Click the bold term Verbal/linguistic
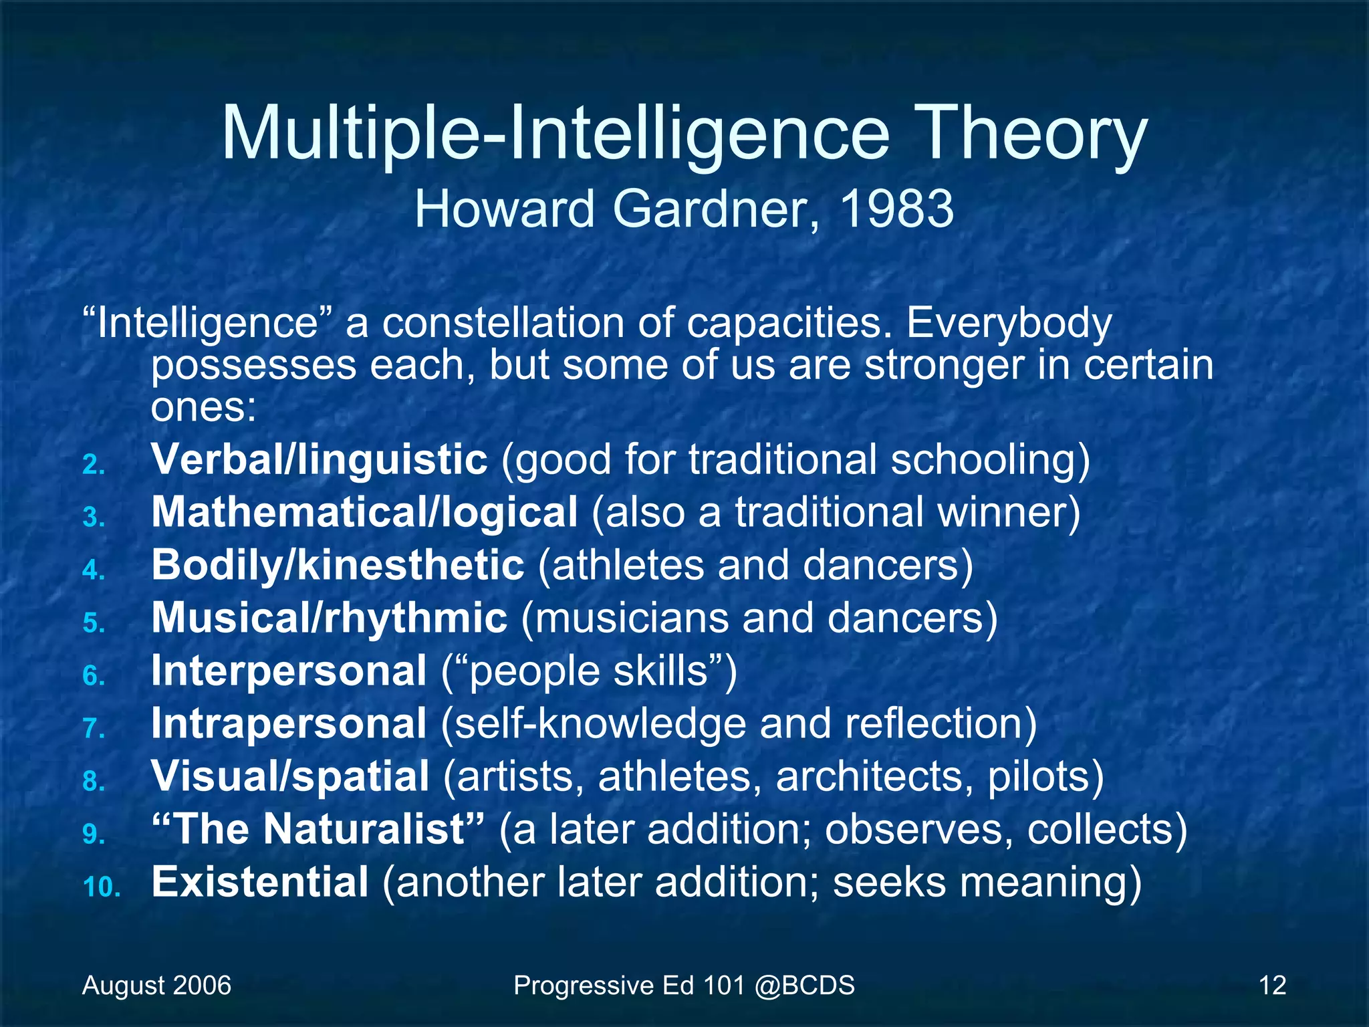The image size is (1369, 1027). tap(320, 460)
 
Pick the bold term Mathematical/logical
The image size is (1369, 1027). tap(364, 513)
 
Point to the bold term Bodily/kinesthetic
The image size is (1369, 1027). tap(338, 566)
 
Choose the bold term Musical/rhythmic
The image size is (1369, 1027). tap(329, 618)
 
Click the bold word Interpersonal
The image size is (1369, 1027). tap(289, 671)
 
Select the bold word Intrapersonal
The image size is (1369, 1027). tap(289, 723)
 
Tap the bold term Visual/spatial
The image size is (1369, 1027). tap(290, 776)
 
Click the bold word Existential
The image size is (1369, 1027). tap(260, 882)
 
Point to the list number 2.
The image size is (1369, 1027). tap(94, 465)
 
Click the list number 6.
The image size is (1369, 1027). tap(94, 676)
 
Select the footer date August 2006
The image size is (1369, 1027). tap(156, 986)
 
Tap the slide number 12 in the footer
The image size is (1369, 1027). tap(1272, 986)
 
